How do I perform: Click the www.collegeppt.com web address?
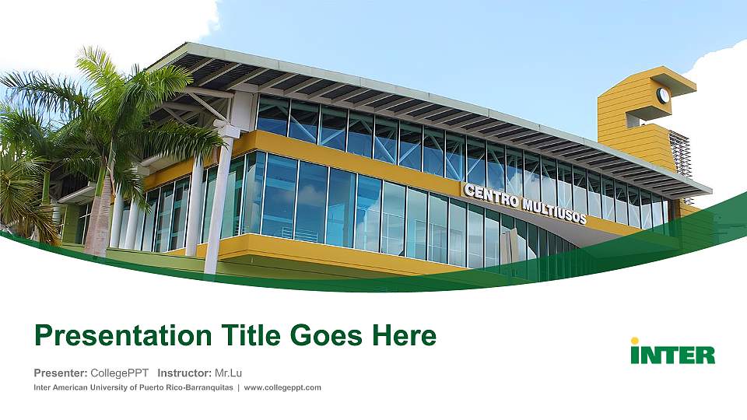coord(282,387)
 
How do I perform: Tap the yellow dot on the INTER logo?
coord(635,341)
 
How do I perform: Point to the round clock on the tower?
coord(663,96)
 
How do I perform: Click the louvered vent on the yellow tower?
coord(679,152)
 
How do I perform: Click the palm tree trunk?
coord(100,210)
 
